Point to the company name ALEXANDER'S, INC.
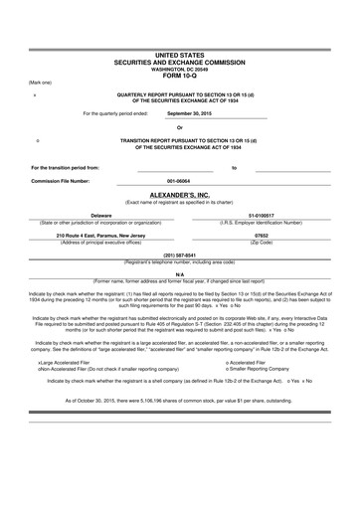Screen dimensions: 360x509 tap(179, 196)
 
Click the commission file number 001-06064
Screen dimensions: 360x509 tap(179, 181)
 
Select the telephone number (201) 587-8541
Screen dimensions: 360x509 tap(179, 254)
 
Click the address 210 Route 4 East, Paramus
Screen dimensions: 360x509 tap(102, 236)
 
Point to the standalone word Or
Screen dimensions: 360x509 tap(179, 127)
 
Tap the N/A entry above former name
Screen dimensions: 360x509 tap(179, 273)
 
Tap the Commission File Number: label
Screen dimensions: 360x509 tap(60, 181)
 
